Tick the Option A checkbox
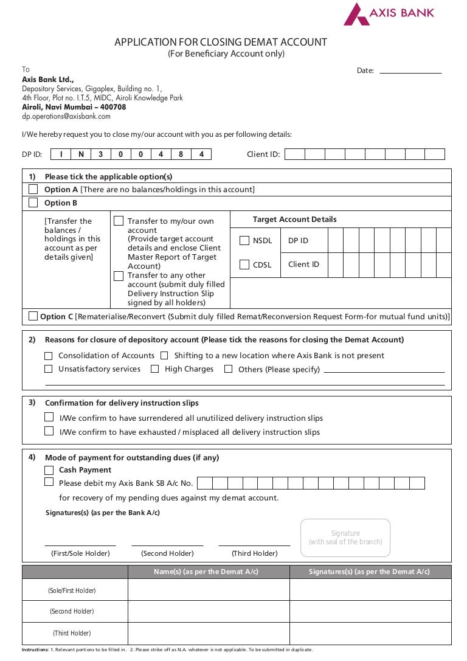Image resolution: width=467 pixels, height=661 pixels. [33, 189]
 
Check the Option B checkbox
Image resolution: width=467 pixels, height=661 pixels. [33, 203]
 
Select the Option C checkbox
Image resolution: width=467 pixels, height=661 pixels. [33, 316]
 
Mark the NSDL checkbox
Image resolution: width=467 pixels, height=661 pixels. [244, 241]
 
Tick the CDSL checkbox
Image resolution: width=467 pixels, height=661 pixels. [244, 265]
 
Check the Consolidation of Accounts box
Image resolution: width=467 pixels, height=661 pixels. [49, 356]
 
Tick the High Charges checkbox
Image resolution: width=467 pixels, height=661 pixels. [155, 369]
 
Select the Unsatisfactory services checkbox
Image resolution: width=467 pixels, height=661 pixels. [49, 369]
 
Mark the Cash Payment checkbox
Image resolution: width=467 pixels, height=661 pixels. [49, 470]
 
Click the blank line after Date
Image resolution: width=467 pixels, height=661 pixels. [410, 71]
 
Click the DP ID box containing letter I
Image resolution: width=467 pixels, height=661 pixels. [61, 154]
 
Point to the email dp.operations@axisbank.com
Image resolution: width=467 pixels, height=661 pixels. [66, 116]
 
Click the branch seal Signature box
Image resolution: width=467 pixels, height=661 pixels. [345, 538]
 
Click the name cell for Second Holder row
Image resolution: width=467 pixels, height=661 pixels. [209, 612]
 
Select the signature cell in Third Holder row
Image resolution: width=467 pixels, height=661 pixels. [370, 634]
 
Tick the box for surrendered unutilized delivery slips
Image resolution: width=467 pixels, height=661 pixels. [49, 418]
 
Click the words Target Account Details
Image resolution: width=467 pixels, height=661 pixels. [294, 220]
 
